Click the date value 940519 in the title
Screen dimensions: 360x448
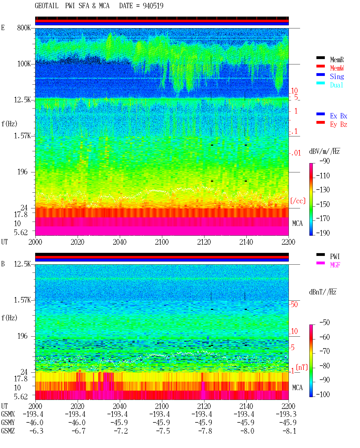click(153, 6)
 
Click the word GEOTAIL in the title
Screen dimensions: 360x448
click(47, 6)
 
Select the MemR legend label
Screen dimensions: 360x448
click(337, 60)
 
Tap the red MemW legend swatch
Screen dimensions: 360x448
click(320, 66)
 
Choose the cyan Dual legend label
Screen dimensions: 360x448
click(336, 85)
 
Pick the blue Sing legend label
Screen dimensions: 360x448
click(337, 76)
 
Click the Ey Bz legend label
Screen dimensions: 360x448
click(339, 124)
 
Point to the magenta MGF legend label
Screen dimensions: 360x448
click(335, 265)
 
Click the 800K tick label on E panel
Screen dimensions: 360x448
click(24, 28)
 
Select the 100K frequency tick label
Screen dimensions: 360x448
click(24, 64)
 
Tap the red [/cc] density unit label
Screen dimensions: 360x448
click(298, 201)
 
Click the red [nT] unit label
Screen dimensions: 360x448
click(302, 367)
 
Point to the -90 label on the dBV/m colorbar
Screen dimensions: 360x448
click(325, 161)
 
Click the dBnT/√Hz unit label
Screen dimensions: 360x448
click(323, 292)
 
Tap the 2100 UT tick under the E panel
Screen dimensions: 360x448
click(162, 242)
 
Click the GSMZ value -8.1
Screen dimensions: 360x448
click(289, 431)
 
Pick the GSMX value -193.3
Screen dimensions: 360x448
click(286, 414)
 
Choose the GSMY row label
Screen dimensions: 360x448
click(8, 422)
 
